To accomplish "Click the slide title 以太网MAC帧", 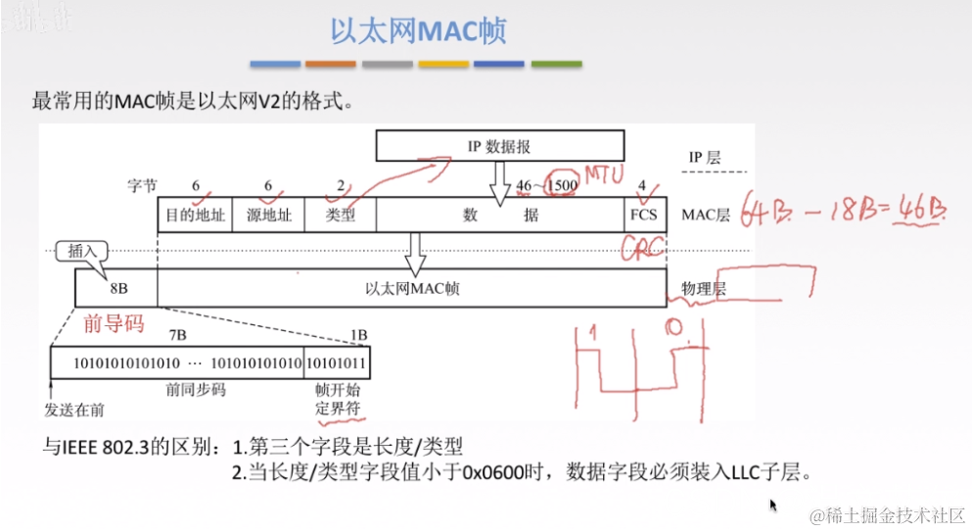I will [x=417, y=31].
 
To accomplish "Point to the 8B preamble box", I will [x=116, y=287].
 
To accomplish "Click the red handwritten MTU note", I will [x=605, y=174].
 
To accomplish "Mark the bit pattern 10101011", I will [x=337, y=363].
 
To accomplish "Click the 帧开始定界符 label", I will [x=337, y=399].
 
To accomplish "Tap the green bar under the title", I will [x=556, y=65].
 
